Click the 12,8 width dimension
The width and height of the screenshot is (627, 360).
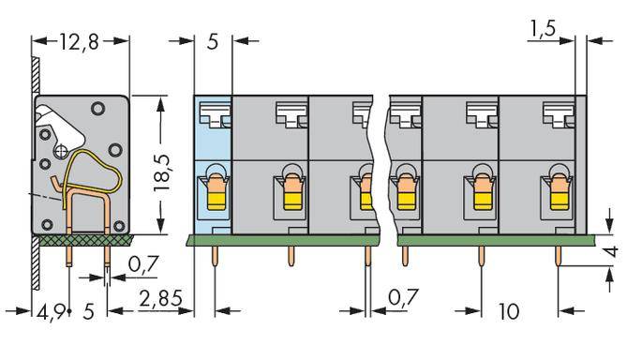pos(80,42)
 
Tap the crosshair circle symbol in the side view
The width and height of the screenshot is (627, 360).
pos(62,150)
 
